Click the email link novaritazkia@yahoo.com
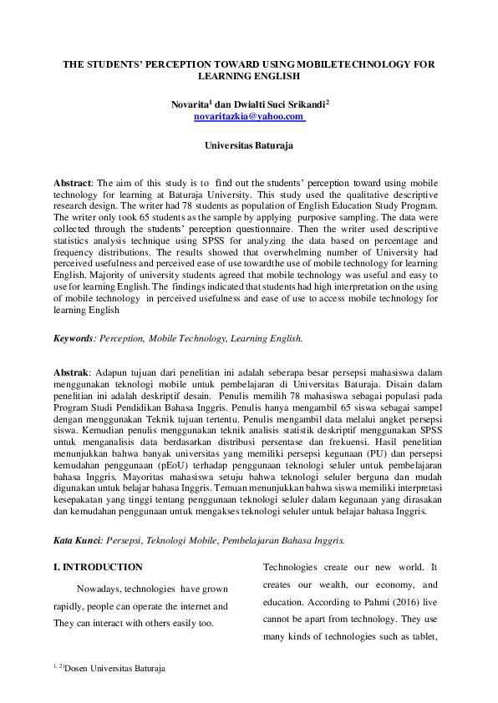[x=248, y=118]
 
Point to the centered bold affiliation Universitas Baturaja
[x=249, y=145]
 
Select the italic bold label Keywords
[x=73, y=339]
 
